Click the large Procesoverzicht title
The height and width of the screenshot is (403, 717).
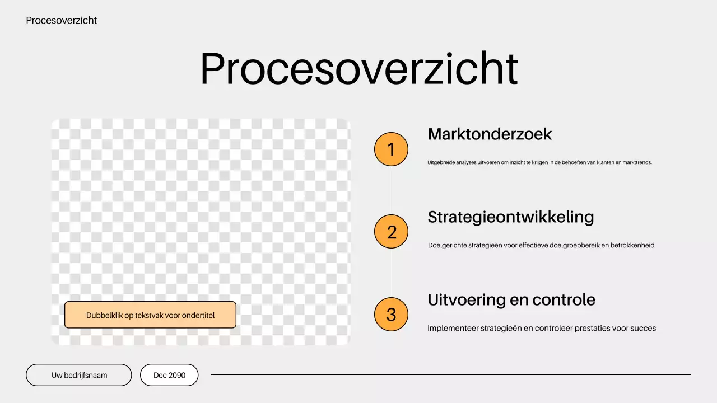pos(358,69)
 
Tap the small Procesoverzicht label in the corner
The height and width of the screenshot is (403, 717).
pos(61,20)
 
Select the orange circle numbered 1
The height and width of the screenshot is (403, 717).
pos(391,149)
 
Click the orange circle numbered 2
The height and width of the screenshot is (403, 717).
pos(391,232)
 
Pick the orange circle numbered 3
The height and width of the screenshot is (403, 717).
pos(391,315)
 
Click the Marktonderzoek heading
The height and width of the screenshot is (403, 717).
pos(490,134)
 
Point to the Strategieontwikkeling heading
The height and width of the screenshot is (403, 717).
pos(510,217)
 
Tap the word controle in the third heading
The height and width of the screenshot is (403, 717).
pos(564,300)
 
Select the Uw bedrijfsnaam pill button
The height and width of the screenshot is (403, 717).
pos(79,375)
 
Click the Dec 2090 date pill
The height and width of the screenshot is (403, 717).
pos(169,375)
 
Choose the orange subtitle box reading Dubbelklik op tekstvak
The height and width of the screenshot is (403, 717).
pos(150,315)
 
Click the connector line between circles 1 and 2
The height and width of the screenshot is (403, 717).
pos(392,190)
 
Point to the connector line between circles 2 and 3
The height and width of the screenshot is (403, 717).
pos(392,273)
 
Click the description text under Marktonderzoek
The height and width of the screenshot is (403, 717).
pos(539,163)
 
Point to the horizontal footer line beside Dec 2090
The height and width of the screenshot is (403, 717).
pos(450,375)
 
